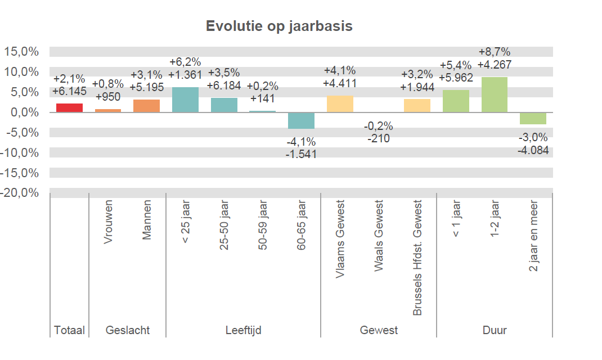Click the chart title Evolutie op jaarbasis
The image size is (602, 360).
click(279, 26)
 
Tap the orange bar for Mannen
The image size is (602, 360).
click(146, 106)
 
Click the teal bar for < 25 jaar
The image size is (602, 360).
click(185, 100)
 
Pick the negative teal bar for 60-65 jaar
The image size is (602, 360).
click(301, 120)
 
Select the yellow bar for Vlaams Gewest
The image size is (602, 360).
click(340, 104)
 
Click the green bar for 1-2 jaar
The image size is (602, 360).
click(495, 94)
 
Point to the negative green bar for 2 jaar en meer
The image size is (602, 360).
click(533, 118)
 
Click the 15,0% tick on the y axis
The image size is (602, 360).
click(21, 52)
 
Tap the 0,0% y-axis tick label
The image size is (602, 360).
click(23, 112)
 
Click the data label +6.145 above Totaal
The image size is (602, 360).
click(69, 91)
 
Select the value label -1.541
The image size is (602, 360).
click(301, 154)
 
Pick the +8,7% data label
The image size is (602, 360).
click(495, 53)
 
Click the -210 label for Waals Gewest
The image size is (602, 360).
click(379, 138)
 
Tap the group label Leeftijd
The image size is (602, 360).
click(243, 330)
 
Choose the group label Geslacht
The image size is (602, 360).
click(128, 330)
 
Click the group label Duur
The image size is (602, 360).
click(495, 330)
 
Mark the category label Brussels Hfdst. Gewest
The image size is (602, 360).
click(417, 258)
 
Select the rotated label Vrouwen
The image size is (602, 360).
click(108, 222)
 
